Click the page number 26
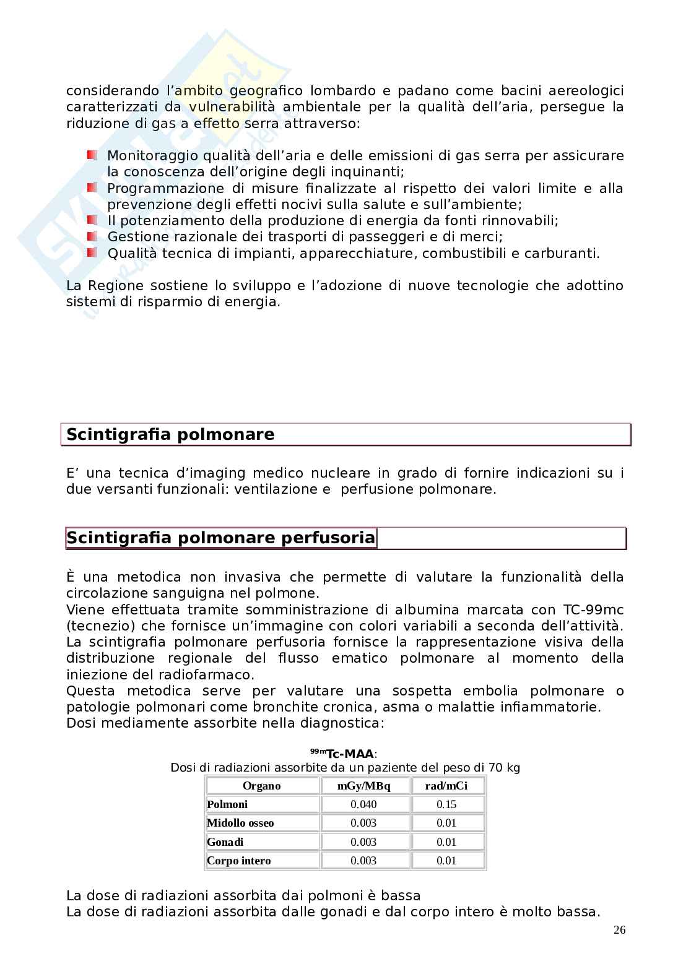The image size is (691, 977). (620, 930)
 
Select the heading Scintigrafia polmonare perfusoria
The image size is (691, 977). (220, 538)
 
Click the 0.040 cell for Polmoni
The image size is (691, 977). (363, 804)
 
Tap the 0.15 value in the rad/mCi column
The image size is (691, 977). (446, 804)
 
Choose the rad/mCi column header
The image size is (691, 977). (446, 786)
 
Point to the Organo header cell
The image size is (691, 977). (261, 786)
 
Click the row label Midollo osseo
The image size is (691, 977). (240, 823)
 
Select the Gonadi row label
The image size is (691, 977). (225, 842)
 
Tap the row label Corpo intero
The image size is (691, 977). (239, 861)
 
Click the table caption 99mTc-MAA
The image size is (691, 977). (344, 753)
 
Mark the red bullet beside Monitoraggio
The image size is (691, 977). (92, 155)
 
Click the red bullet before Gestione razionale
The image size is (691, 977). (92, 236)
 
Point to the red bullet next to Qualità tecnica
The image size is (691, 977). (92, 252)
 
